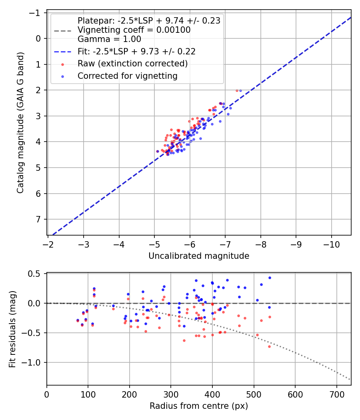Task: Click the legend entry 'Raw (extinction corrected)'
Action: click(x=132, y=64)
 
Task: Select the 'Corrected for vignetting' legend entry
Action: click(x=128, y=76)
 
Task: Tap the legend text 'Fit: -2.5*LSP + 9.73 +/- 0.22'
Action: click(x=136, y=52)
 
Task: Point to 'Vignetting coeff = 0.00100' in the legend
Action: click(x=134, y=30)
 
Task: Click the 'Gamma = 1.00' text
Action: click(x=109, y=39)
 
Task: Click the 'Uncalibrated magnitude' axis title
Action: click(x=199, y=256)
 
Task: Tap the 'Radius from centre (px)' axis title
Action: click(x=199, y=406)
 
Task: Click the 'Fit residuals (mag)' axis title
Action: click(x=12, y=329)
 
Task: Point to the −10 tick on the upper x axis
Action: click(x=331, y=244)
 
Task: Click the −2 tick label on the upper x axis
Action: click(x=48, y=244)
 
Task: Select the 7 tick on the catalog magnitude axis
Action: click(x=39, y=219)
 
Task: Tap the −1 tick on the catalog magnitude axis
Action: click(x=36, y=13)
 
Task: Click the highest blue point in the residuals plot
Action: click(x=270, y=278)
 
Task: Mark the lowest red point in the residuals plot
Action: click(x=269, y=346)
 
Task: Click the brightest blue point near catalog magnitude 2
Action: click(x=240, y=90)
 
